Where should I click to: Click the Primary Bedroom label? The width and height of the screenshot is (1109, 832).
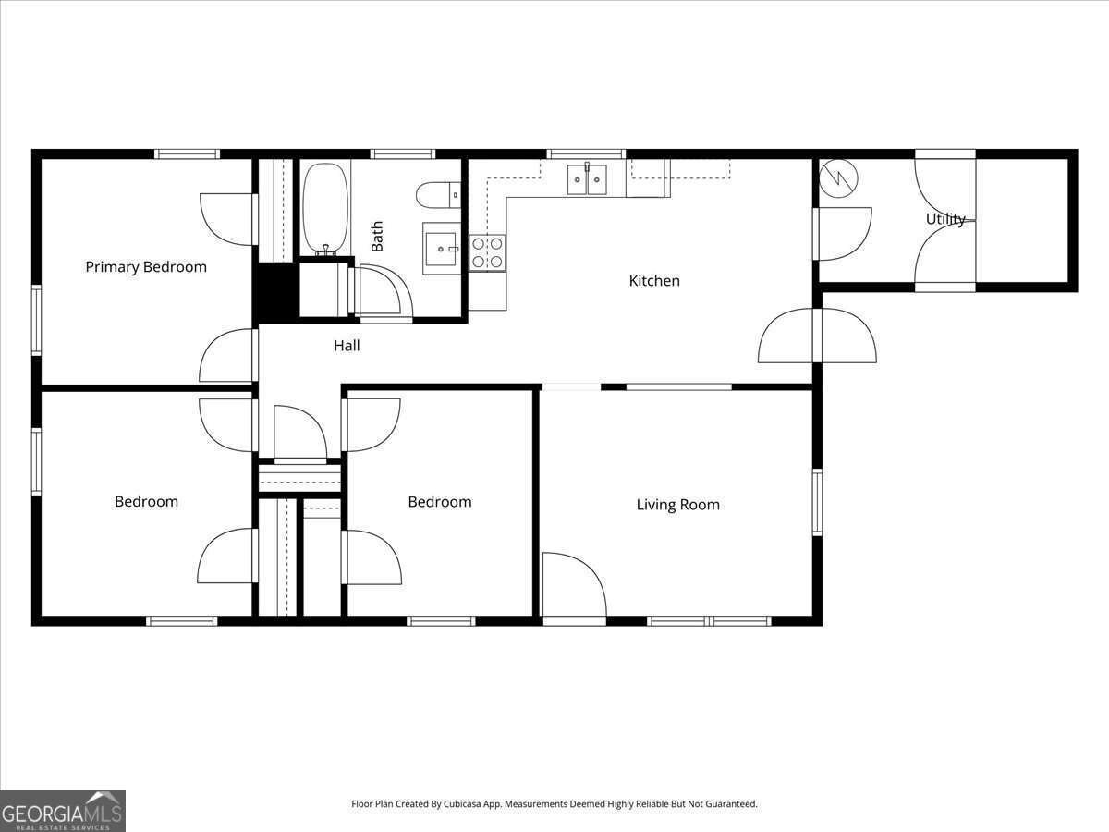pos(146,267)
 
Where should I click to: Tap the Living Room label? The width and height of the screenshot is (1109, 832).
pos(677,505)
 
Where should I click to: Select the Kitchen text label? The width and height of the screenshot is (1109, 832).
pos(654,281)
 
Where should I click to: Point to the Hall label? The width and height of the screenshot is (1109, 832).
pos(347,346)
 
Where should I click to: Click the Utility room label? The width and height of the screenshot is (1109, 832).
pos(945,219)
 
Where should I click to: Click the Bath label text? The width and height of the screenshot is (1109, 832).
pos(377,237)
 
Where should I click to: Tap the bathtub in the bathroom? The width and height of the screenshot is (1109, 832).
pos(325,209)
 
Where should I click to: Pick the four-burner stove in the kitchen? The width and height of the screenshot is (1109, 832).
pos(488,252)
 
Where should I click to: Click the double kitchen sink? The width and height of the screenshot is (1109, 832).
pos(587,177)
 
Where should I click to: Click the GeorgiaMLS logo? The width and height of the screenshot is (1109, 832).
pos(63,811)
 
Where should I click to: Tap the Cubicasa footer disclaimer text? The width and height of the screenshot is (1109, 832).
pos(554,804)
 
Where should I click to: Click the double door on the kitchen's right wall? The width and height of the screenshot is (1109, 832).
pos(817,336)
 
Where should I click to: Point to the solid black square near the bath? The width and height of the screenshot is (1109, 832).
pos(274,291)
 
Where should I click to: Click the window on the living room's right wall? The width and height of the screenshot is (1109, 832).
pos(817,503)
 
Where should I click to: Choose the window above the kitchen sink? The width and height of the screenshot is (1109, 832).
pos(586,154)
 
